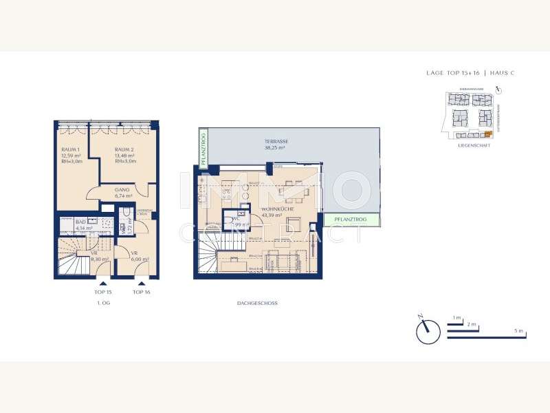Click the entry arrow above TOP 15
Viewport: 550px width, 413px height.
(x=102, y=282)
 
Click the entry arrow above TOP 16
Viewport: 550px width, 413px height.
(x=142, y=282)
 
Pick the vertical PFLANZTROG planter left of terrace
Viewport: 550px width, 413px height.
(x=203, y=148)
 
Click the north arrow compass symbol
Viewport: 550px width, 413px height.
(x=427, y=330)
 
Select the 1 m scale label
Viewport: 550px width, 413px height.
(x=456, y=317)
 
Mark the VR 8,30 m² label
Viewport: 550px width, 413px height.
(x=99, y=256)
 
